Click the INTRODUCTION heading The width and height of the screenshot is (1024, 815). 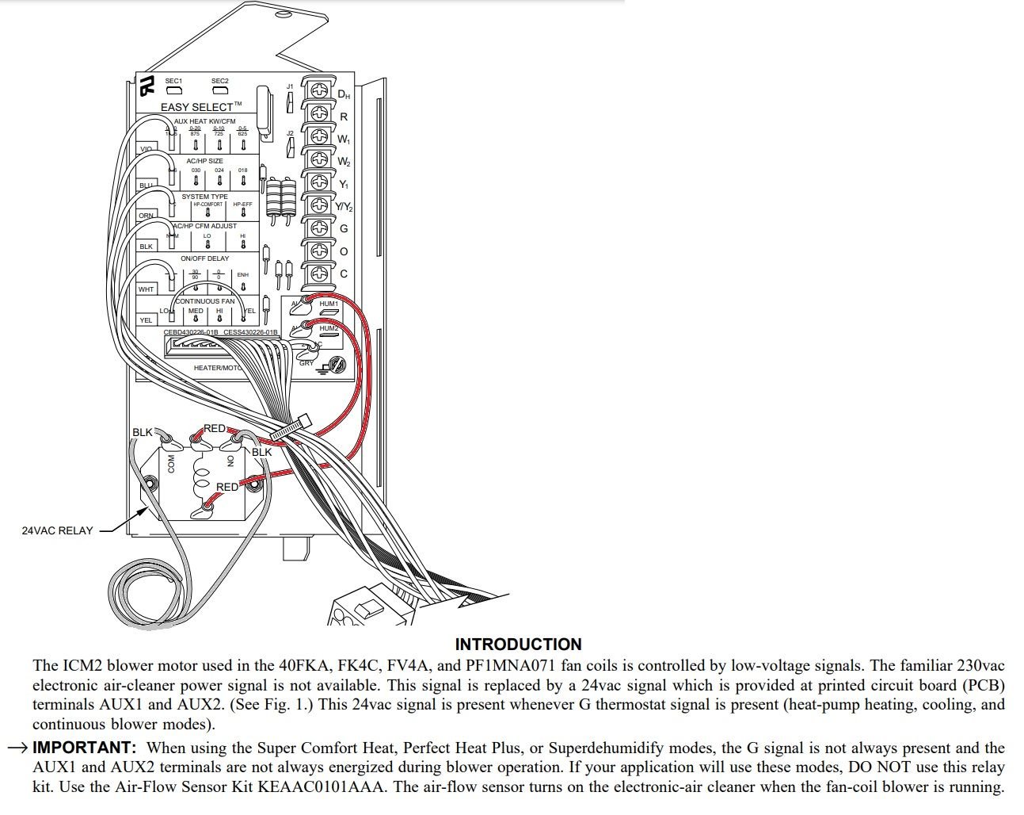pyautogui.click(x=518, y=645)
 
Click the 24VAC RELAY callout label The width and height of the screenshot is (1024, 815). pyautogui.click(x=57, y=530)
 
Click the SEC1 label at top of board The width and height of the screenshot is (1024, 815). pyautogui.click(x=173, y=81)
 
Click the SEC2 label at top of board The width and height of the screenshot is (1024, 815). pyautogui.click(x=219, y=81)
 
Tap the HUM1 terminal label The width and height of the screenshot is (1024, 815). pyautogui.click(x=329, y=304)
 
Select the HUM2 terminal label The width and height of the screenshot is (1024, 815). pyautogui.click(x=329, y=328)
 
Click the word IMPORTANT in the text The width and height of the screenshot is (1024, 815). pyautogui.click(x=85, y=748)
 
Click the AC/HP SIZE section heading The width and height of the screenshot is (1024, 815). pyautogui.click(x=204, y=161)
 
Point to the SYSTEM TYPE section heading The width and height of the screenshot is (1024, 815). pyautogui.click(x=204, y=197)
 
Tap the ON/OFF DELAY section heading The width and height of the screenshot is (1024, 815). pyautogui.click(x=204, y=258)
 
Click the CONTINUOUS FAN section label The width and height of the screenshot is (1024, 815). pyautogui.click(x=205, y=301)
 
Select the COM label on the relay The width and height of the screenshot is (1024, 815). pyautogui.click(x=171, y=464)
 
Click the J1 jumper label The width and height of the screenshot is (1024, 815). pyautogui.click(x=290, y=86)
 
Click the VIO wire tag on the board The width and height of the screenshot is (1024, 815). pyautogui.click(x=146, y=149)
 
